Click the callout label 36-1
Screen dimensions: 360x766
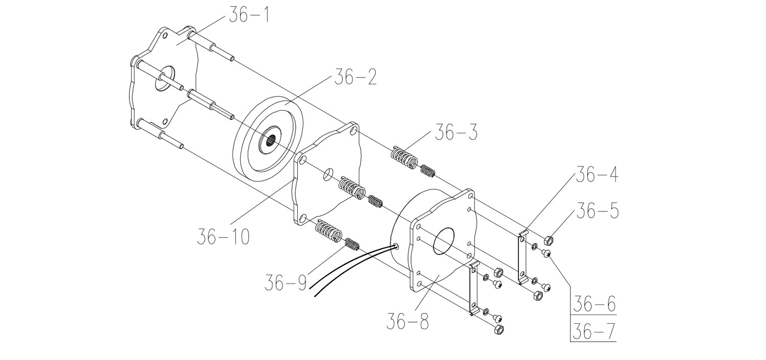click(x=249, y=16)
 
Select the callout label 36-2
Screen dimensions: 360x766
click(x=355, y=78)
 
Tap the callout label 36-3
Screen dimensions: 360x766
click(x=456, y=132)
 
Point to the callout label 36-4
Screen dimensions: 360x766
click(x=596, y=175)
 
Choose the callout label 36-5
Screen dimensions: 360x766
click(x=598, y=210)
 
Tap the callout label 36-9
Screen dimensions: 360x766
click(x=285, y=282)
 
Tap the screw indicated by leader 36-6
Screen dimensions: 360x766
click(x=548, y=253)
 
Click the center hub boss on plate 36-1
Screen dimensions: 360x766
click(x=162, y=79)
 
